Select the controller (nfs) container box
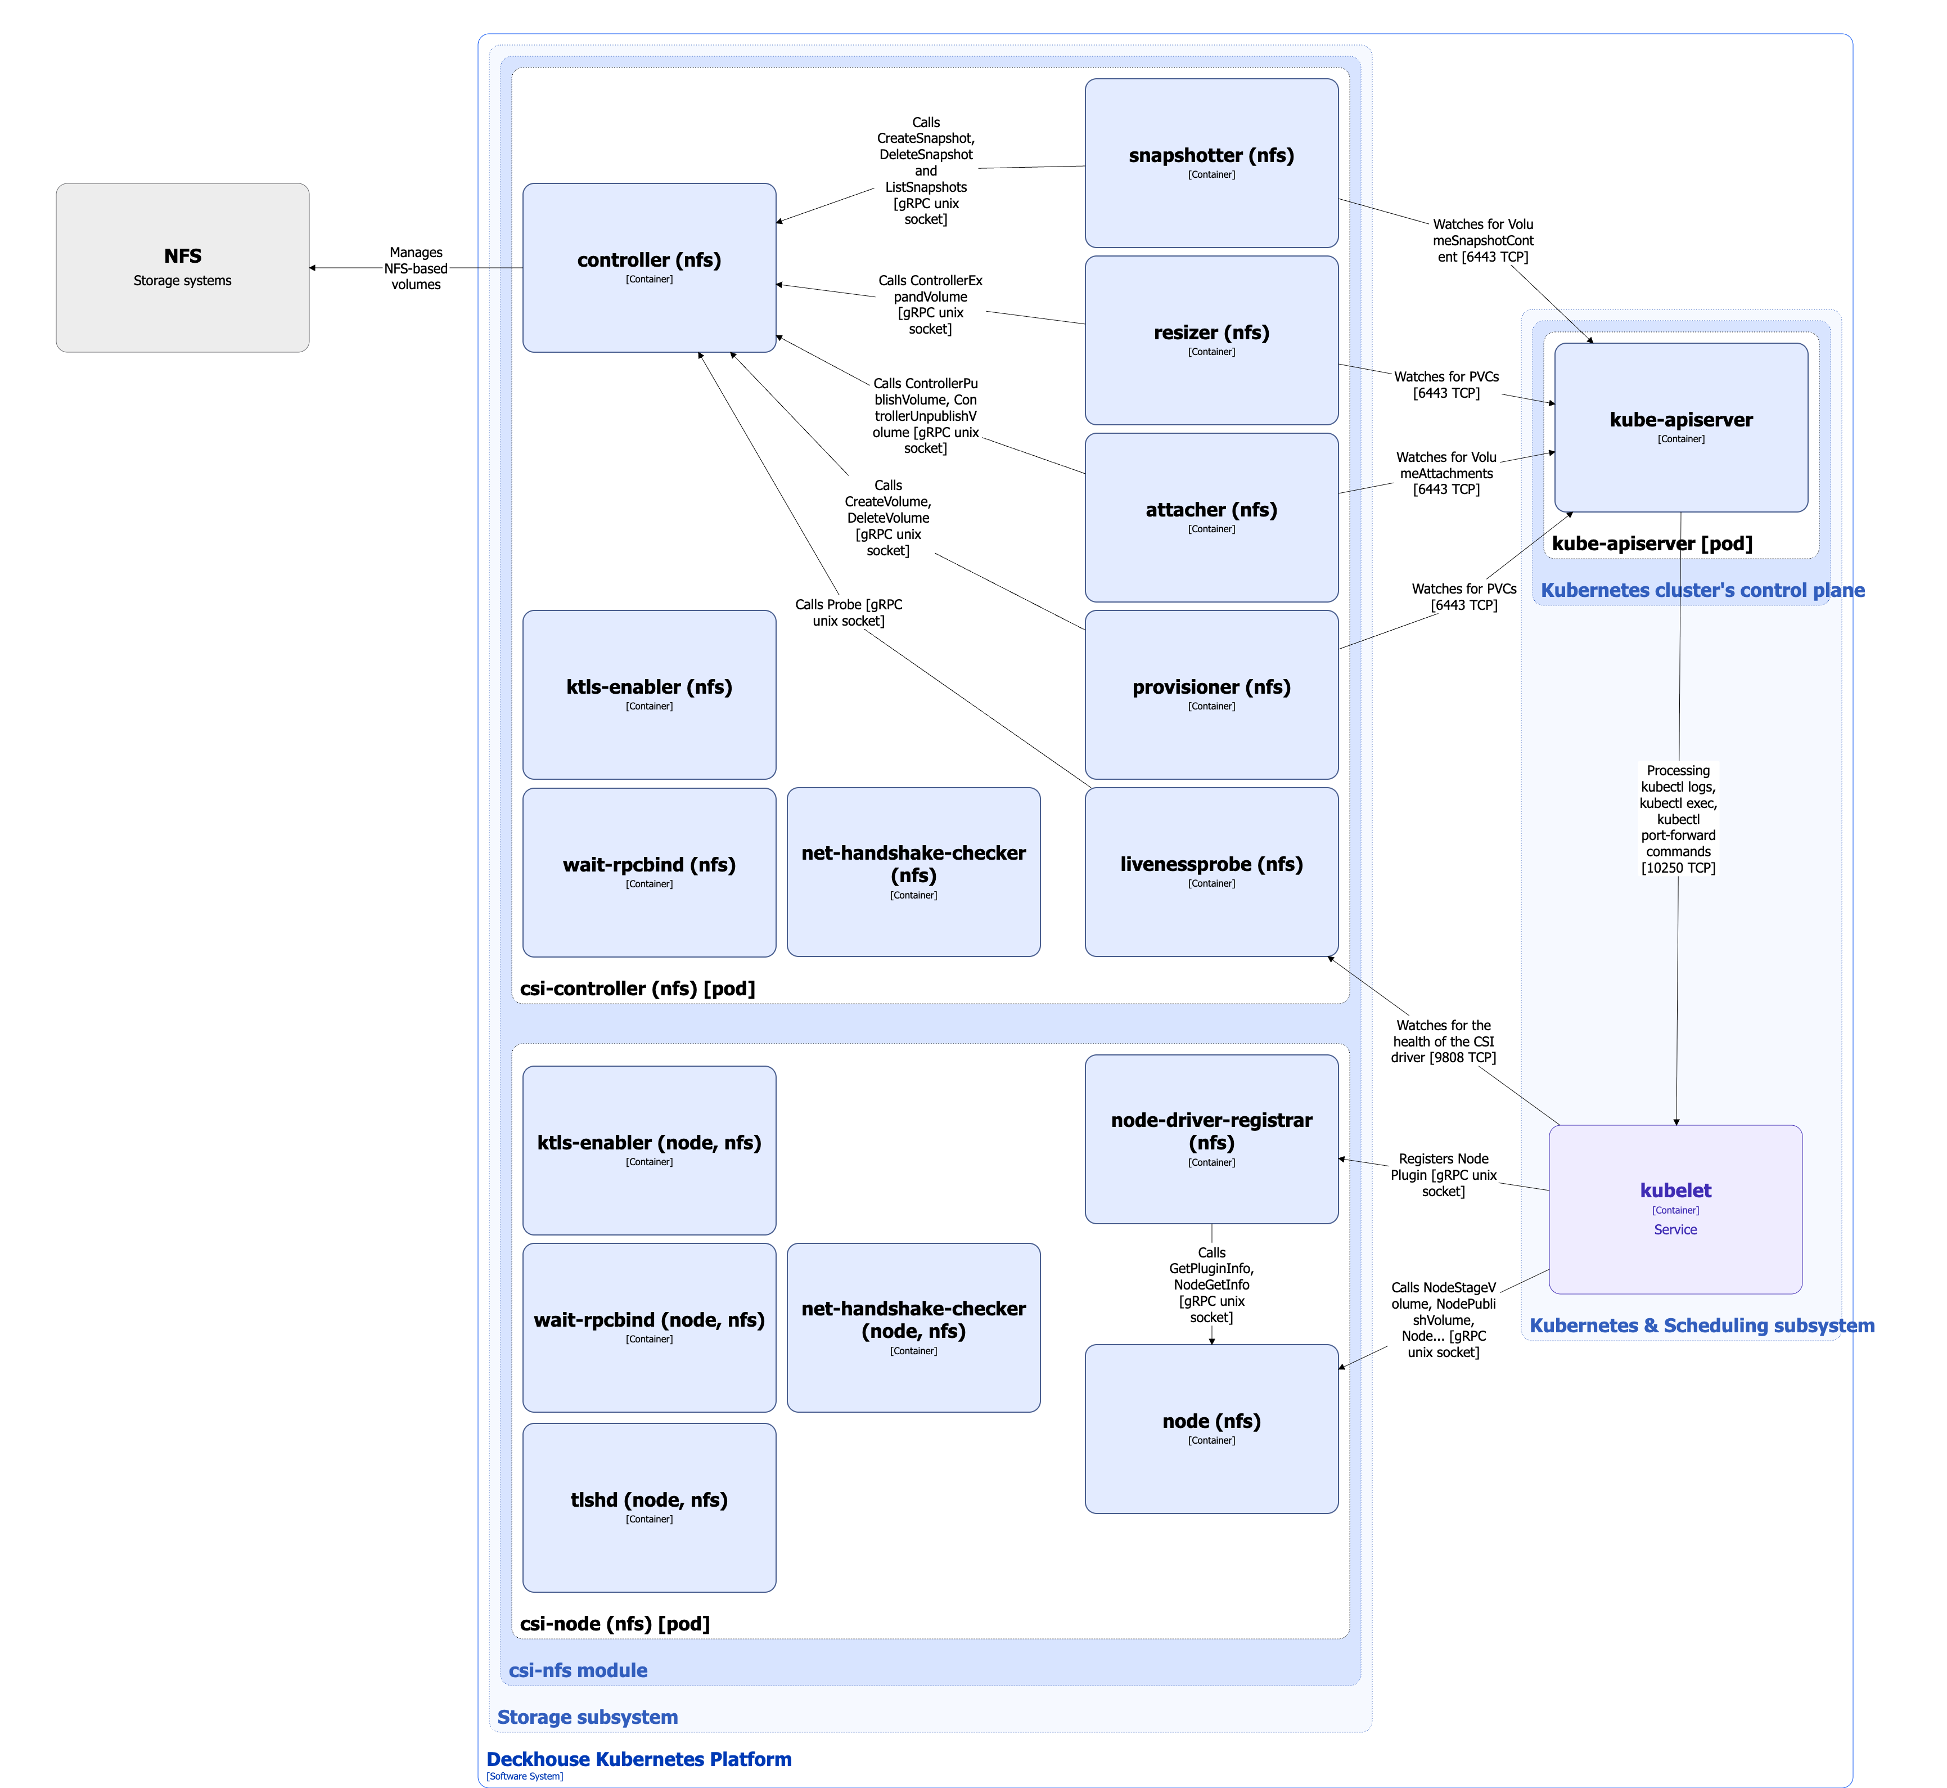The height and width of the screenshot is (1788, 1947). click(649, 267)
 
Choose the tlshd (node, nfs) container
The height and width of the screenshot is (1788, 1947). click(649, 1507)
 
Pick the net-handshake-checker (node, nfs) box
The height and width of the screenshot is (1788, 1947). click(913, 1327)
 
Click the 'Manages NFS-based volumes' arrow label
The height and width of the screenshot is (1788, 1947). click(416, 268)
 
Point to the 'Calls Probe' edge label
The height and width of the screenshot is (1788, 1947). click(848, 613)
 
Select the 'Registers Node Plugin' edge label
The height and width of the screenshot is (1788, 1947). click(1443, 1175)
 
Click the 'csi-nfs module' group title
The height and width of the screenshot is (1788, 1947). click(578, 1670)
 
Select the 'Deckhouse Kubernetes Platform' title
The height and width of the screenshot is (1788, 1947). click(638, 1759)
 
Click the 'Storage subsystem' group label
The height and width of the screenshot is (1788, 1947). click(587, 1717)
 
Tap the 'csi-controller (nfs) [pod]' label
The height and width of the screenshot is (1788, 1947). click(637, 988)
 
